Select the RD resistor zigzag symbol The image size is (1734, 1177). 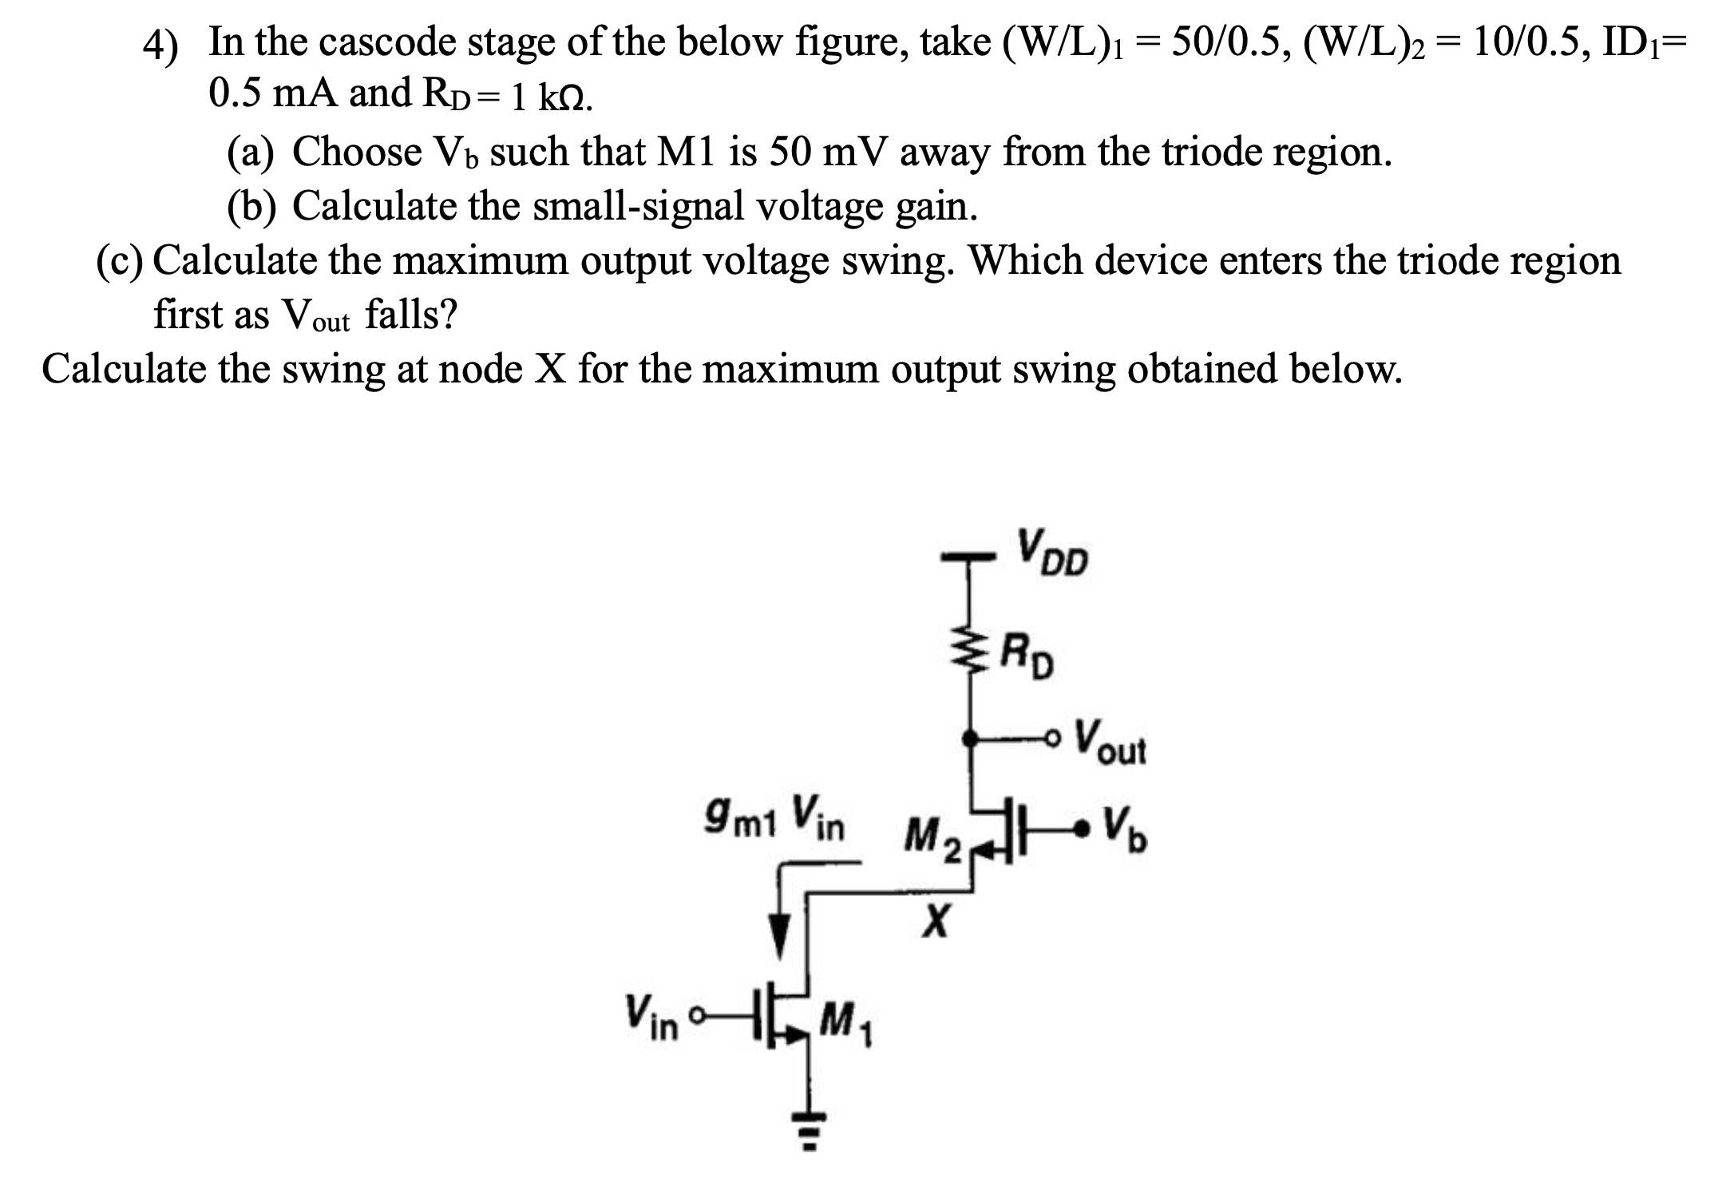[x=970, y=653]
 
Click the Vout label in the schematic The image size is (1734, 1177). [x=1109, y=743]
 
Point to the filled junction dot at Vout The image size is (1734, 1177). [x=970, y=739]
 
